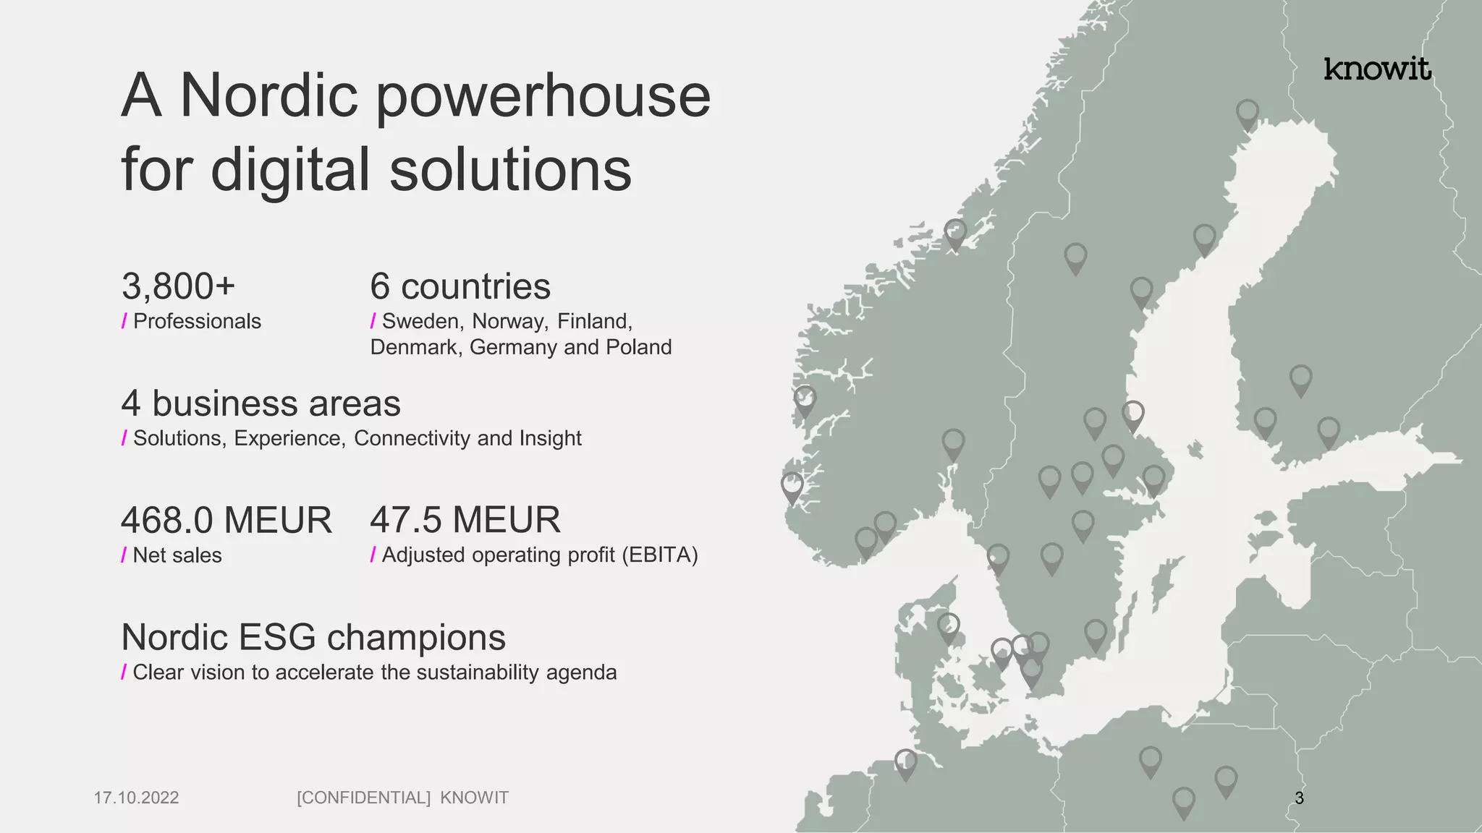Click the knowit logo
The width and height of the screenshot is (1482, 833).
click(x=1377, y=69)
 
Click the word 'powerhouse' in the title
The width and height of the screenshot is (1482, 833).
click(x=543, y=96)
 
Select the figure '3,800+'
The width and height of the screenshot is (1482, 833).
click(x=178, y=286)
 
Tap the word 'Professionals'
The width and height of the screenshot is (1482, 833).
click(x=197, y=321)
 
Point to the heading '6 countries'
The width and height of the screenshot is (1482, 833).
click(x=460, y=286)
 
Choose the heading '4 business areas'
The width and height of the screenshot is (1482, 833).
click(x=261, y=403)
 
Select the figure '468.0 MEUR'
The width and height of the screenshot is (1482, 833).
click(x=226, y=521)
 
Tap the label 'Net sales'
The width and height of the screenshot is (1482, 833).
click(x=177, y=555)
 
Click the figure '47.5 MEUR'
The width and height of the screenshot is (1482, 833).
click(x=465, y=520)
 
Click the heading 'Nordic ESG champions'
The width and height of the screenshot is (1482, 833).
click(x=313, y=638)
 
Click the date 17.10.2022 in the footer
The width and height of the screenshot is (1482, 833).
click(x=136, y=798)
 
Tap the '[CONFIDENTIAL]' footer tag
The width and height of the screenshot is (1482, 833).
click(x=363, y=798)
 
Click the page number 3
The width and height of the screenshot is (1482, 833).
click(x=1299, y=798)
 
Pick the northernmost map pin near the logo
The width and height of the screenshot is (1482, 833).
click(x=1247, y=114)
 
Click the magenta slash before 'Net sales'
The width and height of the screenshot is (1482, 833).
click(x=124, y=555)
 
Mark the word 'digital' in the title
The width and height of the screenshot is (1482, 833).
click(x=290, y=170)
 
